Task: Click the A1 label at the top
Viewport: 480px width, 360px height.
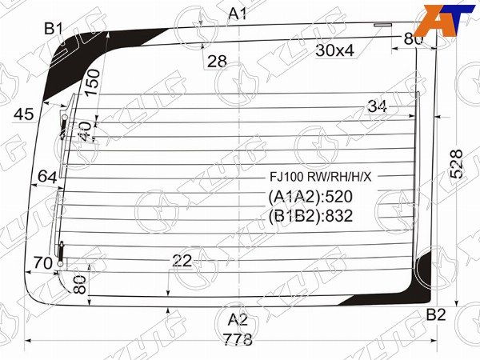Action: click(238, 13)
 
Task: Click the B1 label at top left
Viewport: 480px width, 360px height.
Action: click(54, 29)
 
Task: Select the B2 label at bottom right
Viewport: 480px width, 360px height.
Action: click(435, 314)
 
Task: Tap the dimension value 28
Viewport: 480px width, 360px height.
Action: click(217, 61)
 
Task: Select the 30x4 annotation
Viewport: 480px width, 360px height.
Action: click(334, 51)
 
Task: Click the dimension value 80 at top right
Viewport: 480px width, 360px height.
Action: click(413, 38)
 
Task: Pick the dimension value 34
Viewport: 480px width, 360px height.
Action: click(378, 106)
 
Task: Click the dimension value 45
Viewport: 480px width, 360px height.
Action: click(24, 114)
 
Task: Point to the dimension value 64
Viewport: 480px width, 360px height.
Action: click(47, 176)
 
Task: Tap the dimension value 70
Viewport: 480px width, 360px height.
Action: click(43, 262)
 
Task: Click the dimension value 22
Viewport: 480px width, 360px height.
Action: click(182, 261)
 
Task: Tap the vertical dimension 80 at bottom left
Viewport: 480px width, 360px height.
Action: click(79, 284)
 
